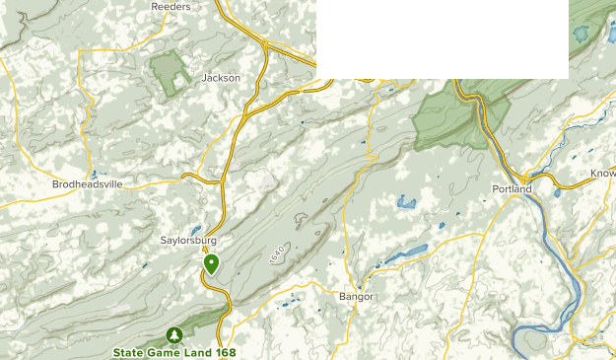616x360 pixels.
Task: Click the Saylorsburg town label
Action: click(x=187, y=240)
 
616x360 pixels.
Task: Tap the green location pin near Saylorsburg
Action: click(x=211, y=263)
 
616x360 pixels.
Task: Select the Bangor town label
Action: click(x=356, y=296)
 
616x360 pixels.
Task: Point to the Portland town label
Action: click(x=512, y=188)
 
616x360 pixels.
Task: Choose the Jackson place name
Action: click(x=221, y=78)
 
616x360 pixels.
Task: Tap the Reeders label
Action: click(x=171, y=6)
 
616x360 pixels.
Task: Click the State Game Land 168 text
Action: click(x=175, y=351)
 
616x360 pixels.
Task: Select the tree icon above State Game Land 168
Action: click(x=174, y=335)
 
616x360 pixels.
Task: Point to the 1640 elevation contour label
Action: click(x=277, y=253)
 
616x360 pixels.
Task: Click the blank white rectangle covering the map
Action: click(x=442, y=38)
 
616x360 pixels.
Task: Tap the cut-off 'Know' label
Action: click(x=602, y=173)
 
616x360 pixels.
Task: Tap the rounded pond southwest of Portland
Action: click(x=406, y=203)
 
